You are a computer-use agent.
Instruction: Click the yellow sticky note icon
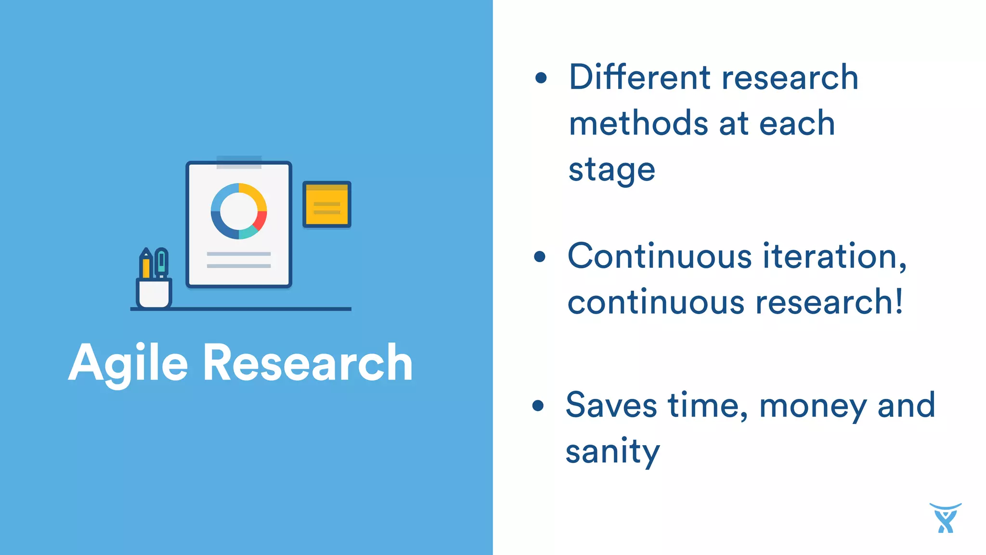pos(327,205)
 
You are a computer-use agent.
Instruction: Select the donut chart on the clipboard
pos(239,211)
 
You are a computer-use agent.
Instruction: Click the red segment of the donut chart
pos(260,221)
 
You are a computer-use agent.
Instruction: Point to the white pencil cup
pos(154,293)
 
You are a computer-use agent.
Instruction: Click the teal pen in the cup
pos(162,263)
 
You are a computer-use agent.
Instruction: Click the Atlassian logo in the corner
pos(945,518)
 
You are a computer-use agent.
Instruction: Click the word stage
pos(611,170)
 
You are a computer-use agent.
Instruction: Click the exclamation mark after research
pos(898,302)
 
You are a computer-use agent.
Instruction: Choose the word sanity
pos(612,452)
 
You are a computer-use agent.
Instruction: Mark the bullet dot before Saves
pos(538,406)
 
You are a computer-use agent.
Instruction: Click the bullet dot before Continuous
pos(540,256)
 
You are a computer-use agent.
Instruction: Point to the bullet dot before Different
pos(541,78)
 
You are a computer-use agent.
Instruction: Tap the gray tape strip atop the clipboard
pos(239,162)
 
